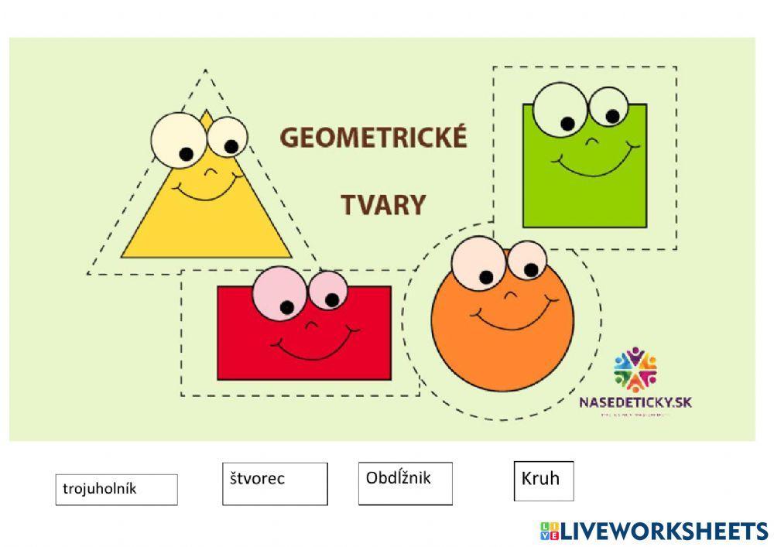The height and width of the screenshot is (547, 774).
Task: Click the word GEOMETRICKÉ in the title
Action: (373, 138)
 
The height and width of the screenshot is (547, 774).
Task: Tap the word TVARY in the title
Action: (383, 205)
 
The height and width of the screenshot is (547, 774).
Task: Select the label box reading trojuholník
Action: (116, 489)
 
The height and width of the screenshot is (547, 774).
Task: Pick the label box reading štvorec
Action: (275, 484)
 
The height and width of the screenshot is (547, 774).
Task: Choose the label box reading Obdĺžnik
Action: (405, 483)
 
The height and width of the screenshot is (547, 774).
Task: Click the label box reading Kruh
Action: (543, 480)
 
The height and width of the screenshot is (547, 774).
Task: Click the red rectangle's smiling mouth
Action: (313, 347)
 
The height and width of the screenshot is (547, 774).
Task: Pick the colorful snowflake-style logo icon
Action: (635, 369)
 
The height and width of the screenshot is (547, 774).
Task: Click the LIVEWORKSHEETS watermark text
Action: (663, 530)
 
